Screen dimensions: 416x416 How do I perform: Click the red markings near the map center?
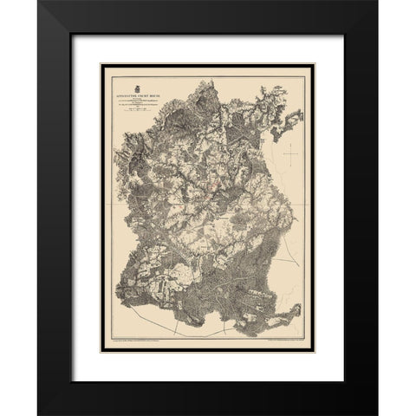(x=227, y=192)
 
